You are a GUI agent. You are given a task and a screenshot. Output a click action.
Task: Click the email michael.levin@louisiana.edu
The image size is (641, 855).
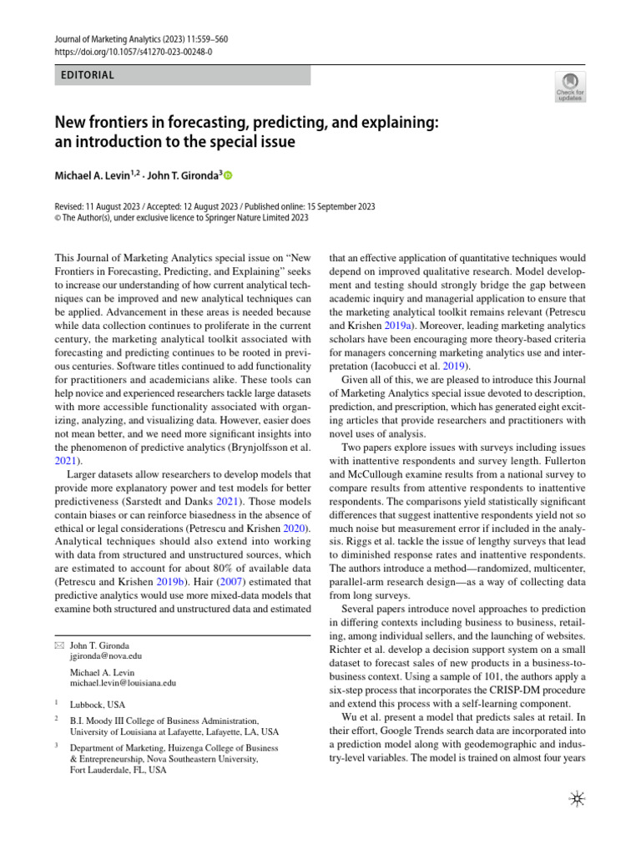[123, 682]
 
